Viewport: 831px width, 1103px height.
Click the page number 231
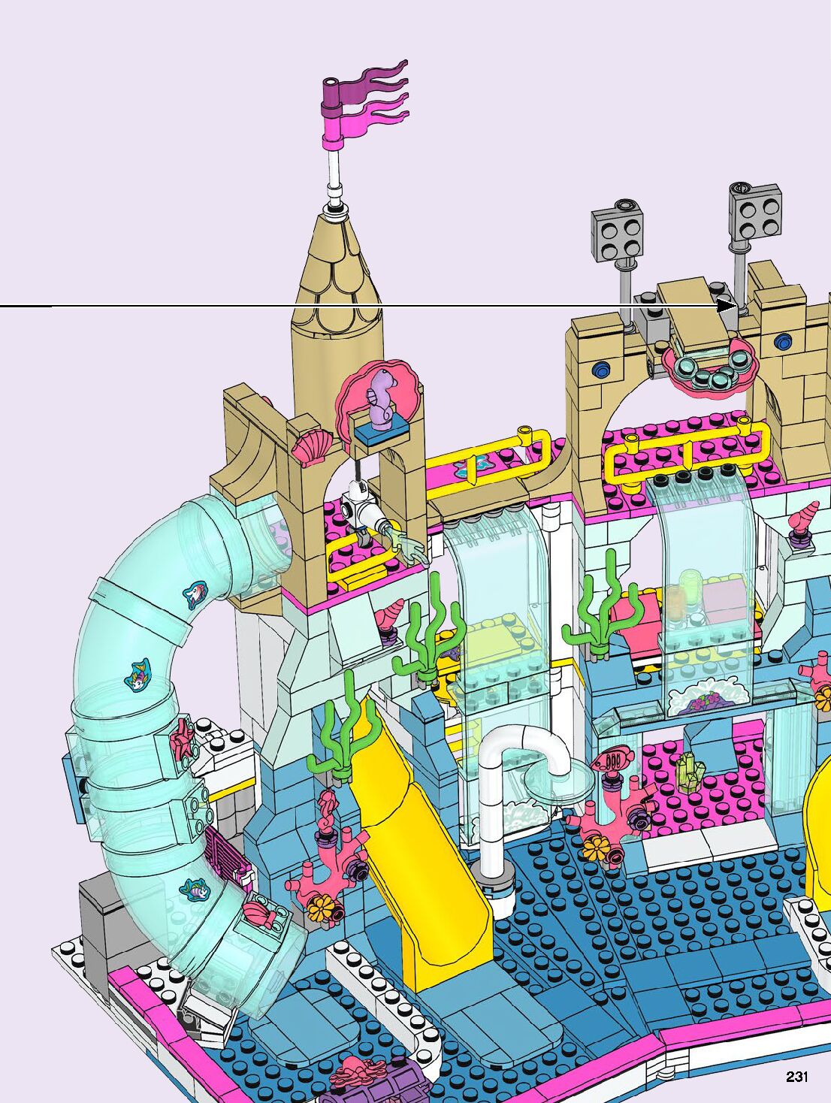797,1076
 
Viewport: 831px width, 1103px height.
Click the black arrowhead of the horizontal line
727,306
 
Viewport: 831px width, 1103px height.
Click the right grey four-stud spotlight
755,212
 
